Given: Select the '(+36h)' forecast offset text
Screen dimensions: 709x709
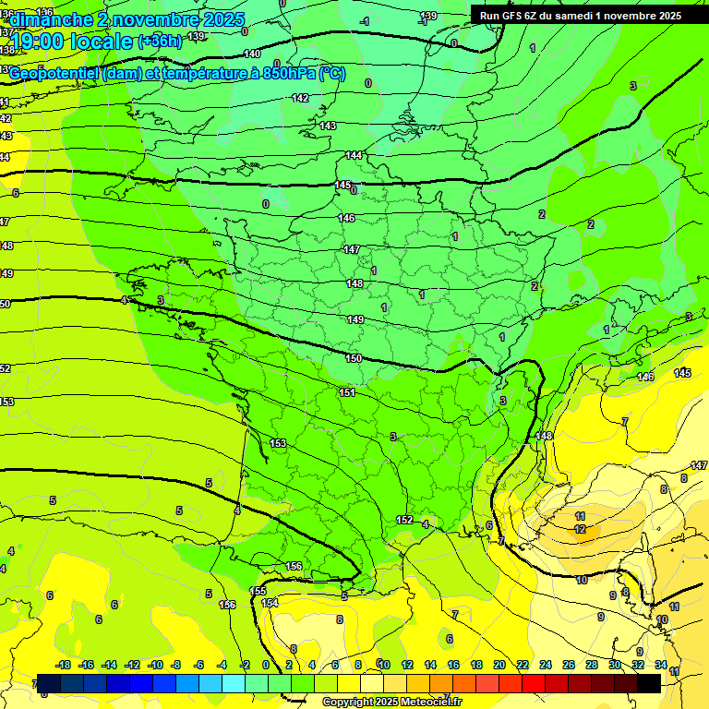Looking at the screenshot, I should (x=160, y=42).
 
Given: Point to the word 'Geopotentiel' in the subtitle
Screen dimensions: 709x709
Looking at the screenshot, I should (x=58, y=74).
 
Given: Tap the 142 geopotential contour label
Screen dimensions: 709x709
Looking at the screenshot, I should (x=300, y=98).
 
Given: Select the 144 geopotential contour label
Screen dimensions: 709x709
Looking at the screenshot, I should (x=354, y=155).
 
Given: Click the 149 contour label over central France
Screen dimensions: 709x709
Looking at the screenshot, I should (x=355, y=319).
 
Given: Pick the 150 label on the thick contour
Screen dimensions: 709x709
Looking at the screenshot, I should (x=354, y=358).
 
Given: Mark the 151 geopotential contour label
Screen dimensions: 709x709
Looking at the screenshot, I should (x=347, y=392).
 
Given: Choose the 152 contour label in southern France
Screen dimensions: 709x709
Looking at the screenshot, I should (x=404, y=520).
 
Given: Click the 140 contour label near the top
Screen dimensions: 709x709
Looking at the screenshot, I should (x=252, y=54).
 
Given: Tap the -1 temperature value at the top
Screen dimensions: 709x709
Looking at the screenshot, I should (x=366, y=20).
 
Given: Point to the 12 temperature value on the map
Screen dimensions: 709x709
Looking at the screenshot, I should (x=580, y=529).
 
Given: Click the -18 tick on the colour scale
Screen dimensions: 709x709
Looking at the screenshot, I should (x=64, y=665).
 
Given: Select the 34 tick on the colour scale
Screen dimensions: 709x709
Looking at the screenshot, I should (x=661, y=665).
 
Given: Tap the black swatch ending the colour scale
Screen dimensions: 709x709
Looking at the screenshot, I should (x=649, y=683).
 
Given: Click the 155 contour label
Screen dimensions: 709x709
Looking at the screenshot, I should (x=258, y=591).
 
